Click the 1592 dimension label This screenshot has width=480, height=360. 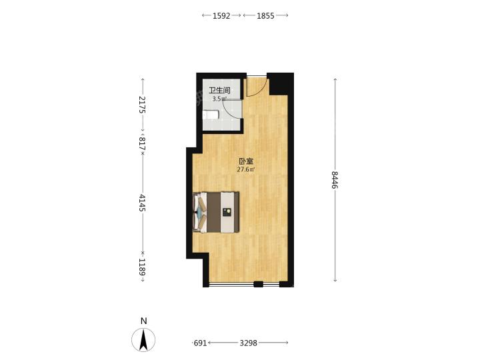(x=221, y=15)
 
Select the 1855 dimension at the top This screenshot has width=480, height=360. (x=265, y=15)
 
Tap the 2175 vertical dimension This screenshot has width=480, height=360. (x=143, y=105)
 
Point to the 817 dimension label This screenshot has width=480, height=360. (x=143, y=143)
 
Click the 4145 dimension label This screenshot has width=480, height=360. (x=143, y=203)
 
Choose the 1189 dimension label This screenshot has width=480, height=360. (x=143, y=267)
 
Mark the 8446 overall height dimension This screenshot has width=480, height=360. (x=335, y=180)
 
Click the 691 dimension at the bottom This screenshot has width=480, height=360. (x=201, y=343)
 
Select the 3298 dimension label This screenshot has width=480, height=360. (x=248, y=343)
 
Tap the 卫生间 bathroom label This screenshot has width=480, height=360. (x=219, y=90)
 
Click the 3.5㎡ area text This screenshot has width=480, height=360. (x=219, y=99)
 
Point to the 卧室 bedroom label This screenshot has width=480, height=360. (x=246, y=161)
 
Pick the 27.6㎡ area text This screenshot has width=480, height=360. (x=246, y=169)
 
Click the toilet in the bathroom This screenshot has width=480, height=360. (x=211, y=115)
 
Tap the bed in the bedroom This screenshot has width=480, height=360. (x=216, y=212)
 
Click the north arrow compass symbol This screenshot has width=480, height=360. (x=143, y=339)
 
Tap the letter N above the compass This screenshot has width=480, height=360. (x=143, y=321)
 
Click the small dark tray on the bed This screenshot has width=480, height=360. (x=227, y=212)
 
